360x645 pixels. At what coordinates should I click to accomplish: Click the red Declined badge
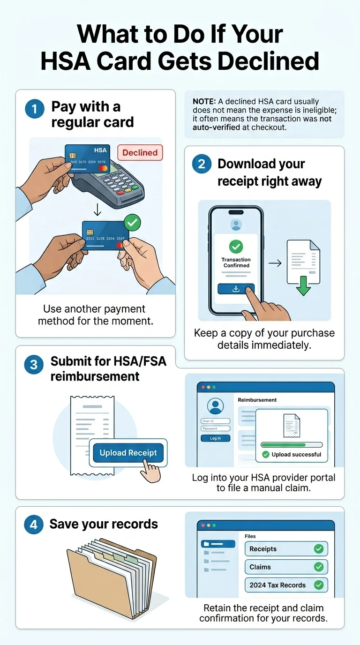[140, 153]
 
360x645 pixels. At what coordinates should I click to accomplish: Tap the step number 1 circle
[34, 109]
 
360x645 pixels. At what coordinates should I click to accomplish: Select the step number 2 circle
[202, 165]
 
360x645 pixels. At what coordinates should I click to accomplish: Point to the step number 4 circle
[34, 525]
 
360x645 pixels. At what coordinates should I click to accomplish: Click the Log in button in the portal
[215, 438]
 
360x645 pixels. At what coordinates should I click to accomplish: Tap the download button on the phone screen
[236, 289]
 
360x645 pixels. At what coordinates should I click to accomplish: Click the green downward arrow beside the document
[303, 285]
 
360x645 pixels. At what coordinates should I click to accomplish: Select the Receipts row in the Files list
[286, 549]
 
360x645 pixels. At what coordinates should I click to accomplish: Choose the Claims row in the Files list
[286, 567]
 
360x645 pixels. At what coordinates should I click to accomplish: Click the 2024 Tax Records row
[286, 585]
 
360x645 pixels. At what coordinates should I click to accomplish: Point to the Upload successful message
[292, 454]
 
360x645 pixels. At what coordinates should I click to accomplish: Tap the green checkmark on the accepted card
[133, 223]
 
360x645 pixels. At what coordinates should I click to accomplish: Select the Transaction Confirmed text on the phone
[236, 262]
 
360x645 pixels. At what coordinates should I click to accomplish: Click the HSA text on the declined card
[100, 150]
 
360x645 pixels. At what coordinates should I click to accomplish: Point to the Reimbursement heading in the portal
[257, 400]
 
